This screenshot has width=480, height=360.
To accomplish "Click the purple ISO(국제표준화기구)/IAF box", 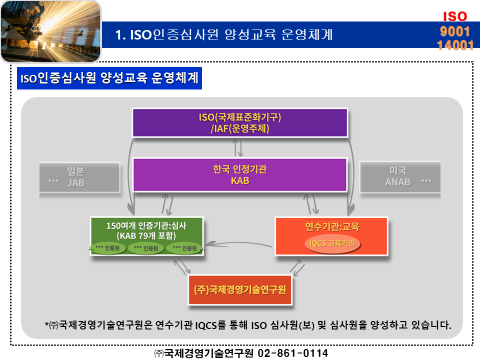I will point(239,122).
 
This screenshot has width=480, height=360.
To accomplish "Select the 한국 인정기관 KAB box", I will point(239,175).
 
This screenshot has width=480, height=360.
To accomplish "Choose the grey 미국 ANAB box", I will point(400,177).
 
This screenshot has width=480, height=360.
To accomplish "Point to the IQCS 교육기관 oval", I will point(332,243).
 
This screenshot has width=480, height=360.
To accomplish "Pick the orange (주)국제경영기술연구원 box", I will point(240,289).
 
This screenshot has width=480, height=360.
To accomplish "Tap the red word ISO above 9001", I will point(455,16).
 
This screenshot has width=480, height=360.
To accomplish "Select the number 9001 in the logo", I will point(455,31).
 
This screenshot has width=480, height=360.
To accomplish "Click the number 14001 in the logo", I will point(455,45).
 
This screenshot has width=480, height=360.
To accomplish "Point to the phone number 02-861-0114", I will point(292,353).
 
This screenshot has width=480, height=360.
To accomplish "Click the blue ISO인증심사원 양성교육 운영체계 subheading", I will point(109,78).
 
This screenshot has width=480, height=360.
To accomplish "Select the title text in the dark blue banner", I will point(223,35).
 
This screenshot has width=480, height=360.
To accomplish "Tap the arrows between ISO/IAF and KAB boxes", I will point(239,147).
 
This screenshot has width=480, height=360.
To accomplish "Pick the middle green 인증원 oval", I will point(146,248).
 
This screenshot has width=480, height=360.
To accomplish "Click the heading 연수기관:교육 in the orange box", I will point(332,227).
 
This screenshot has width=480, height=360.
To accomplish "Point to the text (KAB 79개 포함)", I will point(145,235).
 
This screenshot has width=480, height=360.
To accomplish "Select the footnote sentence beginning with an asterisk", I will point(248,325).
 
